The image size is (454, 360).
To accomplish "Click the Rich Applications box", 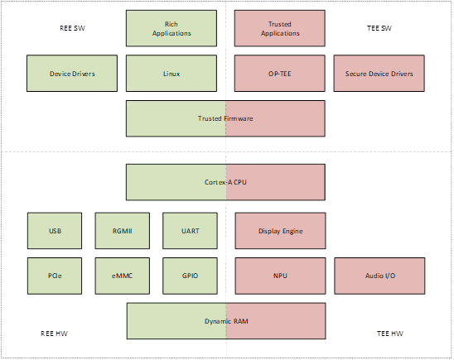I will [x=171, y=28].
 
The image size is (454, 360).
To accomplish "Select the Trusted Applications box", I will [x=279, y=28].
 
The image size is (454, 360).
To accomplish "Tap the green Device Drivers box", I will [x=71, y=74].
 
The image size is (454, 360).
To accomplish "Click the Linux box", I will [x=171, y=74].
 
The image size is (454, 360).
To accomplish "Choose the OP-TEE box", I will [x=279, y=74].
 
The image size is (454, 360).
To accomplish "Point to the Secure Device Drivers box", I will [x=379, y=74].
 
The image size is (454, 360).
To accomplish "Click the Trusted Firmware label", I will [x=225, y=118].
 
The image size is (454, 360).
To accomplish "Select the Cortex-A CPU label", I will [x=225, y=181].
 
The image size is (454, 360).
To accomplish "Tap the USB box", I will [x=55, y=231].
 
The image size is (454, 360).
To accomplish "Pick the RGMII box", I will [x=123, y=231].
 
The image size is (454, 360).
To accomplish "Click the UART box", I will [x=190, y=231].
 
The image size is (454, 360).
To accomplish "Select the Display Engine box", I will [x=279, y=231].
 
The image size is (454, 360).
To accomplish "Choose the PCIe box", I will [x=55, y=276].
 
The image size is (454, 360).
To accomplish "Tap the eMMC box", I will [x=123, y=276].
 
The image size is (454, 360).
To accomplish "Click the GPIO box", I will [x=190, y=276].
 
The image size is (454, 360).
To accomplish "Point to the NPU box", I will [x=279, y=276].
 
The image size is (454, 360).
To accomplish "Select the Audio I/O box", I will [x=379, y=276].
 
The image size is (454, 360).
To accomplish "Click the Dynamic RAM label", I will [x=225, y=320].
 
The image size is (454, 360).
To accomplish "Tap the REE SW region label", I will [x=73, y=28].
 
